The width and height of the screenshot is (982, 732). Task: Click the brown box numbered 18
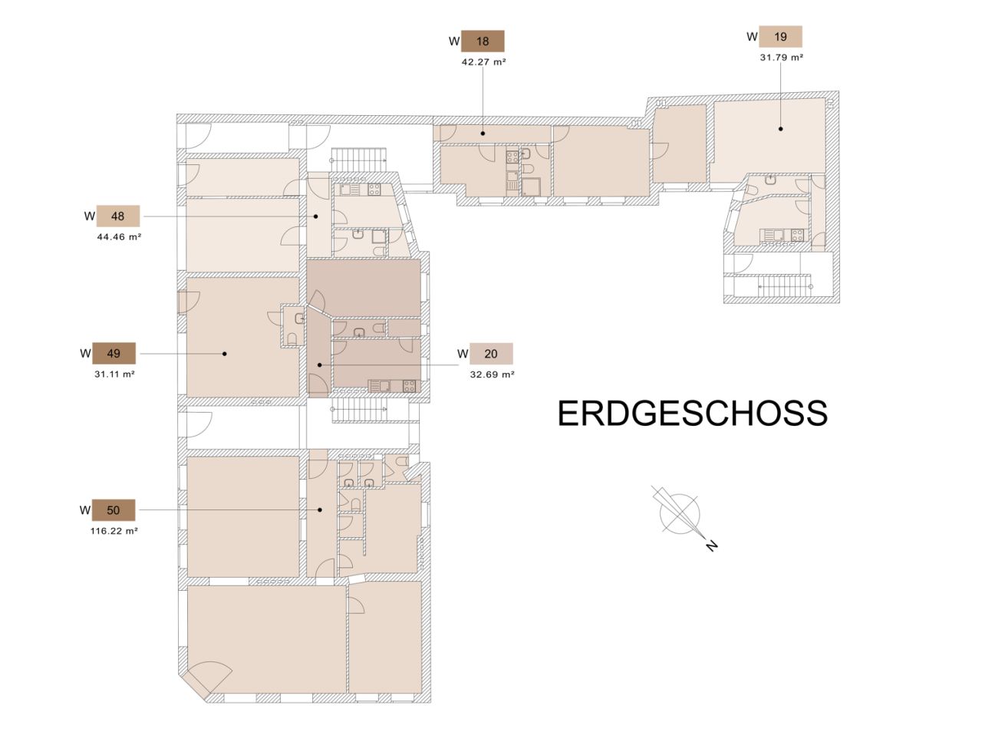483,41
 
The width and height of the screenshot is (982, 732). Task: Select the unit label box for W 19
780,37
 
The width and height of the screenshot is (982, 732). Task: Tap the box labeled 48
117,216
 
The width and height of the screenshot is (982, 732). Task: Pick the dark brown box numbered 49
114,354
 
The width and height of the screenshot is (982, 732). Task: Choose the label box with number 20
491,354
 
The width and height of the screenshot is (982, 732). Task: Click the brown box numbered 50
114,510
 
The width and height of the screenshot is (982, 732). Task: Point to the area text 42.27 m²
483,62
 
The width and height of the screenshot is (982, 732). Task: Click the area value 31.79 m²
781,58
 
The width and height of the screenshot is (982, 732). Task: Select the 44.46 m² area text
119,236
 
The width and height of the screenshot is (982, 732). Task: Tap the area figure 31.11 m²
114,374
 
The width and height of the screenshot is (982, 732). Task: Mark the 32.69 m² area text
492,374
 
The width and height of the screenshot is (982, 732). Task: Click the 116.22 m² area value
114,531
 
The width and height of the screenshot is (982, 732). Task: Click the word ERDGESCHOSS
693,413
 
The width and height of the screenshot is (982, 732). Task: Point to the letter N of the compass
711,546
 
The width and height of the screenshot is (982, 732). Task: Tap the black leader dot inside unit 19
781,129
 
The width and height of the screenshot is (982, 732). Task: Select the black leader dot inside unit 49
225,354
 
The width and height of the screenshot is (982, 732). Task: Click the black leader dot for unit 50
320,510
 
